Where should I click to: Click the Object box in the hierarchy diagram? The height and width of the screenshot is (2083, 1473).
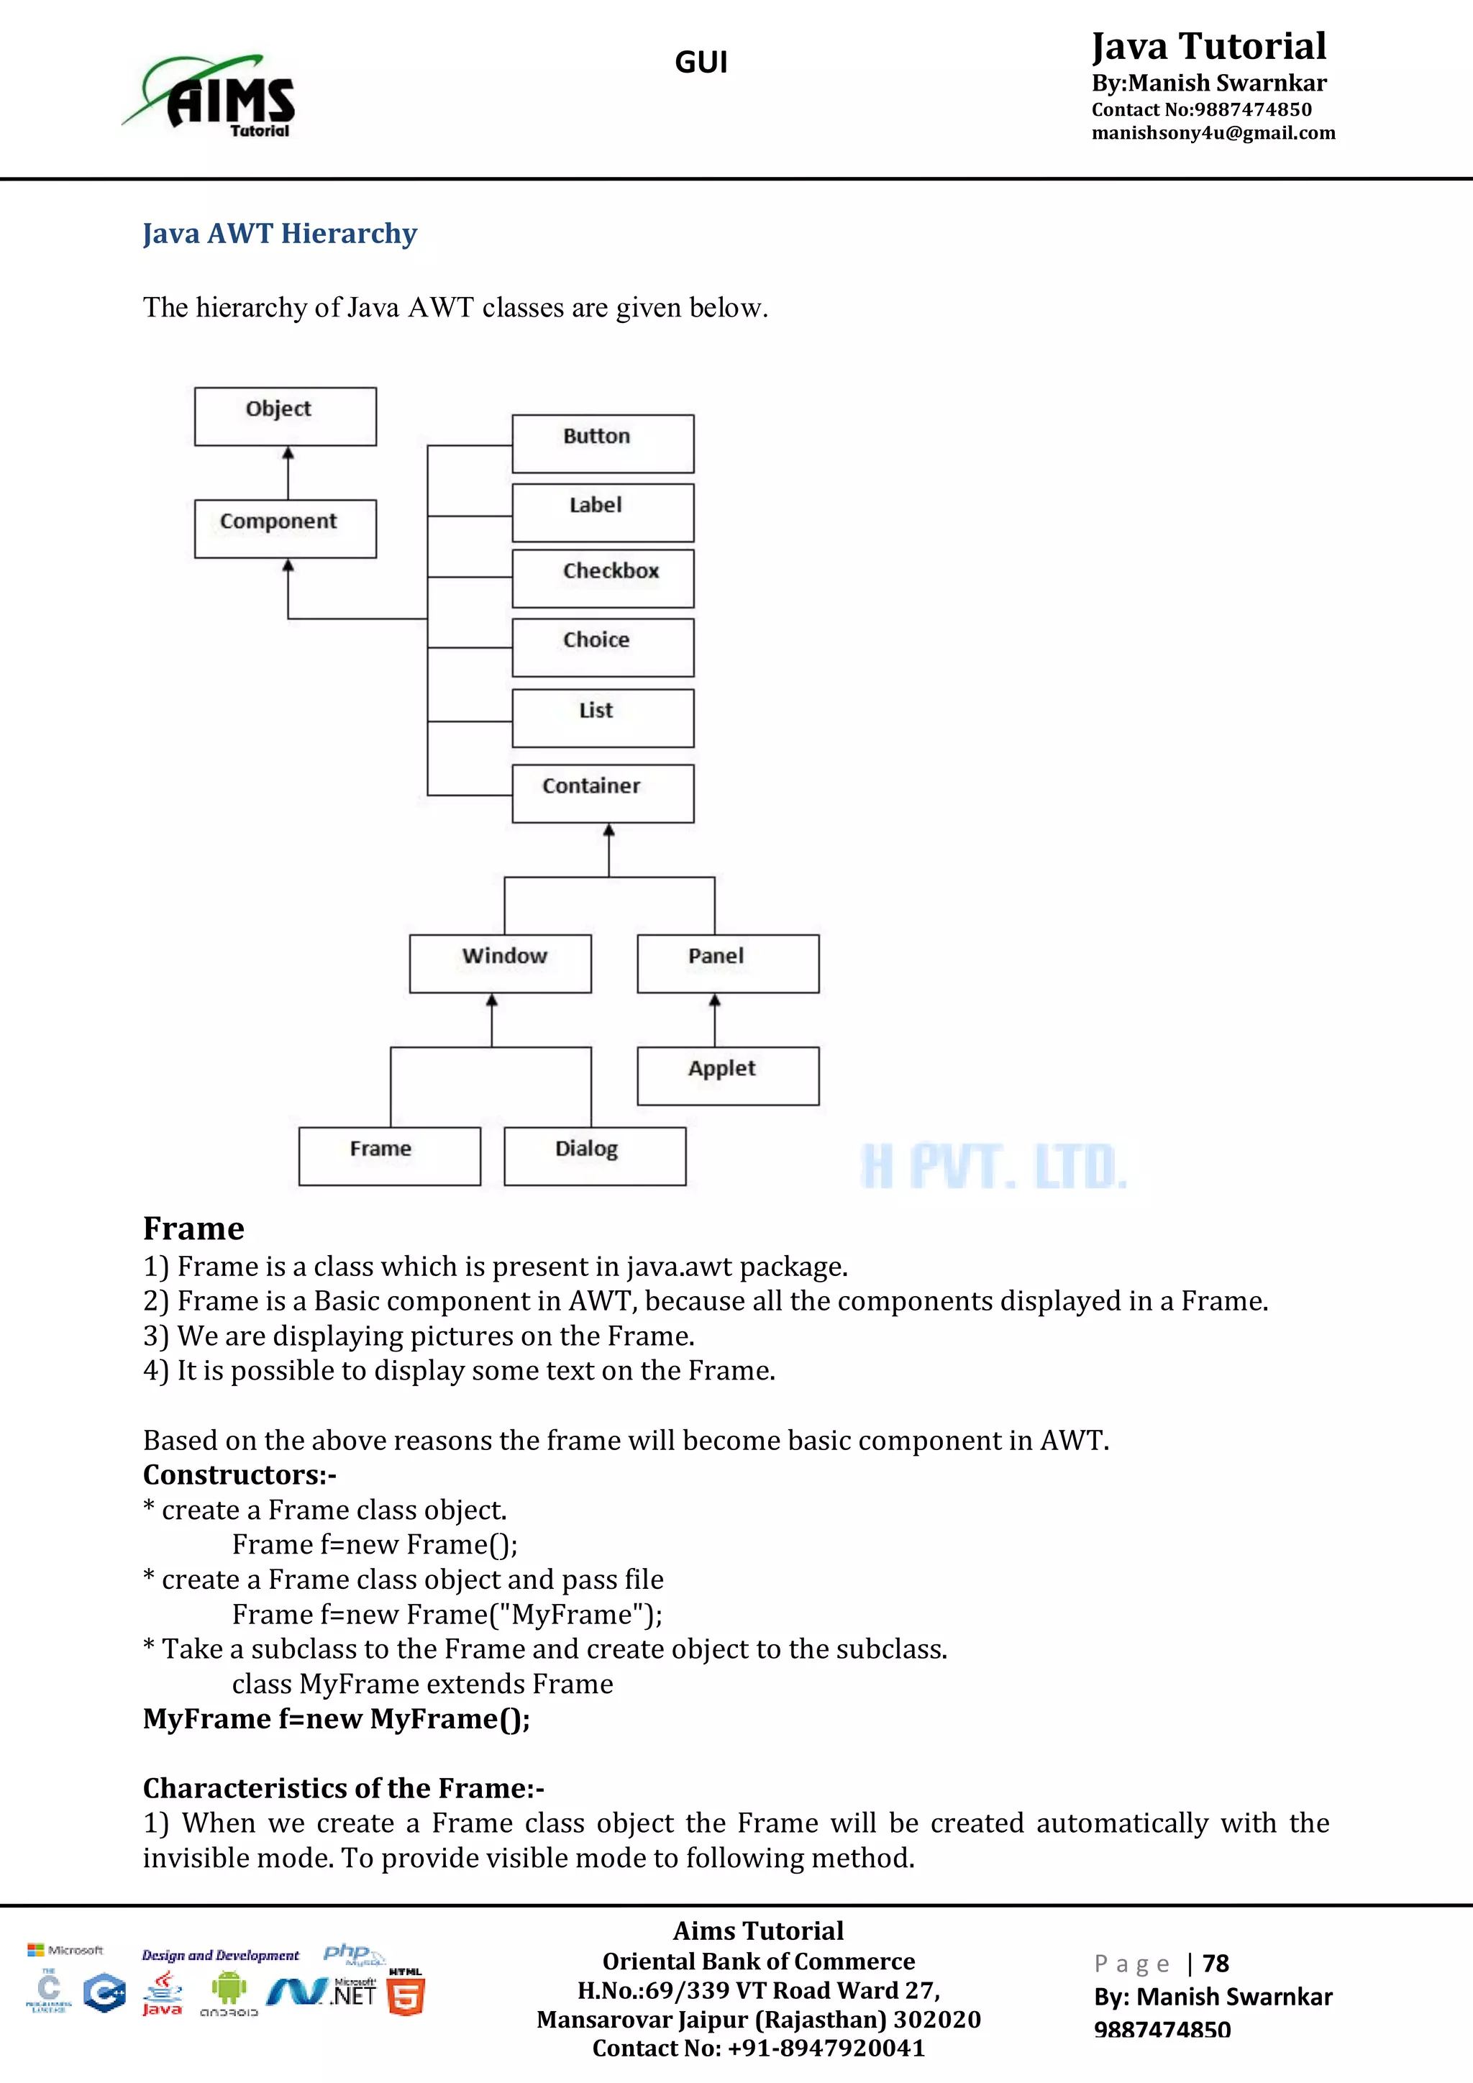[x=285, y=416]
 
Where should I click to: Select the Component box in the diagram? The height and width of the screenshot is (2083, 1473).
[x=285, y=528]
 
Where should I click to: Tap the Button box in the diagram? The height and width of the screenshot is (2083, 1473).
[x=602, y=444]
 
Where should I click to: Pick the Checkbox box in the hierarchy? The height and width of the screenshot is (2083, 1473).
[x=602, y=578]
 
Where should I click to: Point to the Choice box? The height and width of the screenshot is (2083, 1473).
[x=602, y=647]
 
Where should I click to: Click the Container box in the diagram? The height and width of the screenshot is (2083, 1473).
[x=602, y=793]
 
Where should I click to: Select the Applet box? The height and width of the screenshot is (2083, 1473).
[x=727, y=1076]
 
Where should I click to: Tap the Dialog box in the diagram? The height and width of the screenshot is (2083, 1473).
[x=594, y=1156]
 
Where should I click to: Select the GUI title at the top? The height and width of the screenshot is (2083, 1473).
[x=701, y=63]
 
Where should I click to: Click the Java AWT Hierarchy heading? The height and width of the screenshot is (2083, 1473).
[x=279, y=233]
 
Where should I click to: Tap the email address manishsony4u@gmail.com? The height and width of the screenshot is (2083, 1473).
[x=1213, y=133]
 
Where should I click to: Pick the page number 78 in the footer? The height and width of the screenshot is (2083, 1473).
[x=1215, y=1964]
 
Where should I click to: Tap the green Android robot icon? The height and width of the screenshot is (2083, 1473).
[x=229, y=1989]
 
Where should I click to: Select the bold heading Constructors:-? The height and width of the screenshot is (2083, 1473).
[x=240, y=1475]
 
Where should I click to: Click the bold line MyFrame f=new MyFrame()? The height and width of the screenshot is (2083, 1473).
[x=337, y=1718]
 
